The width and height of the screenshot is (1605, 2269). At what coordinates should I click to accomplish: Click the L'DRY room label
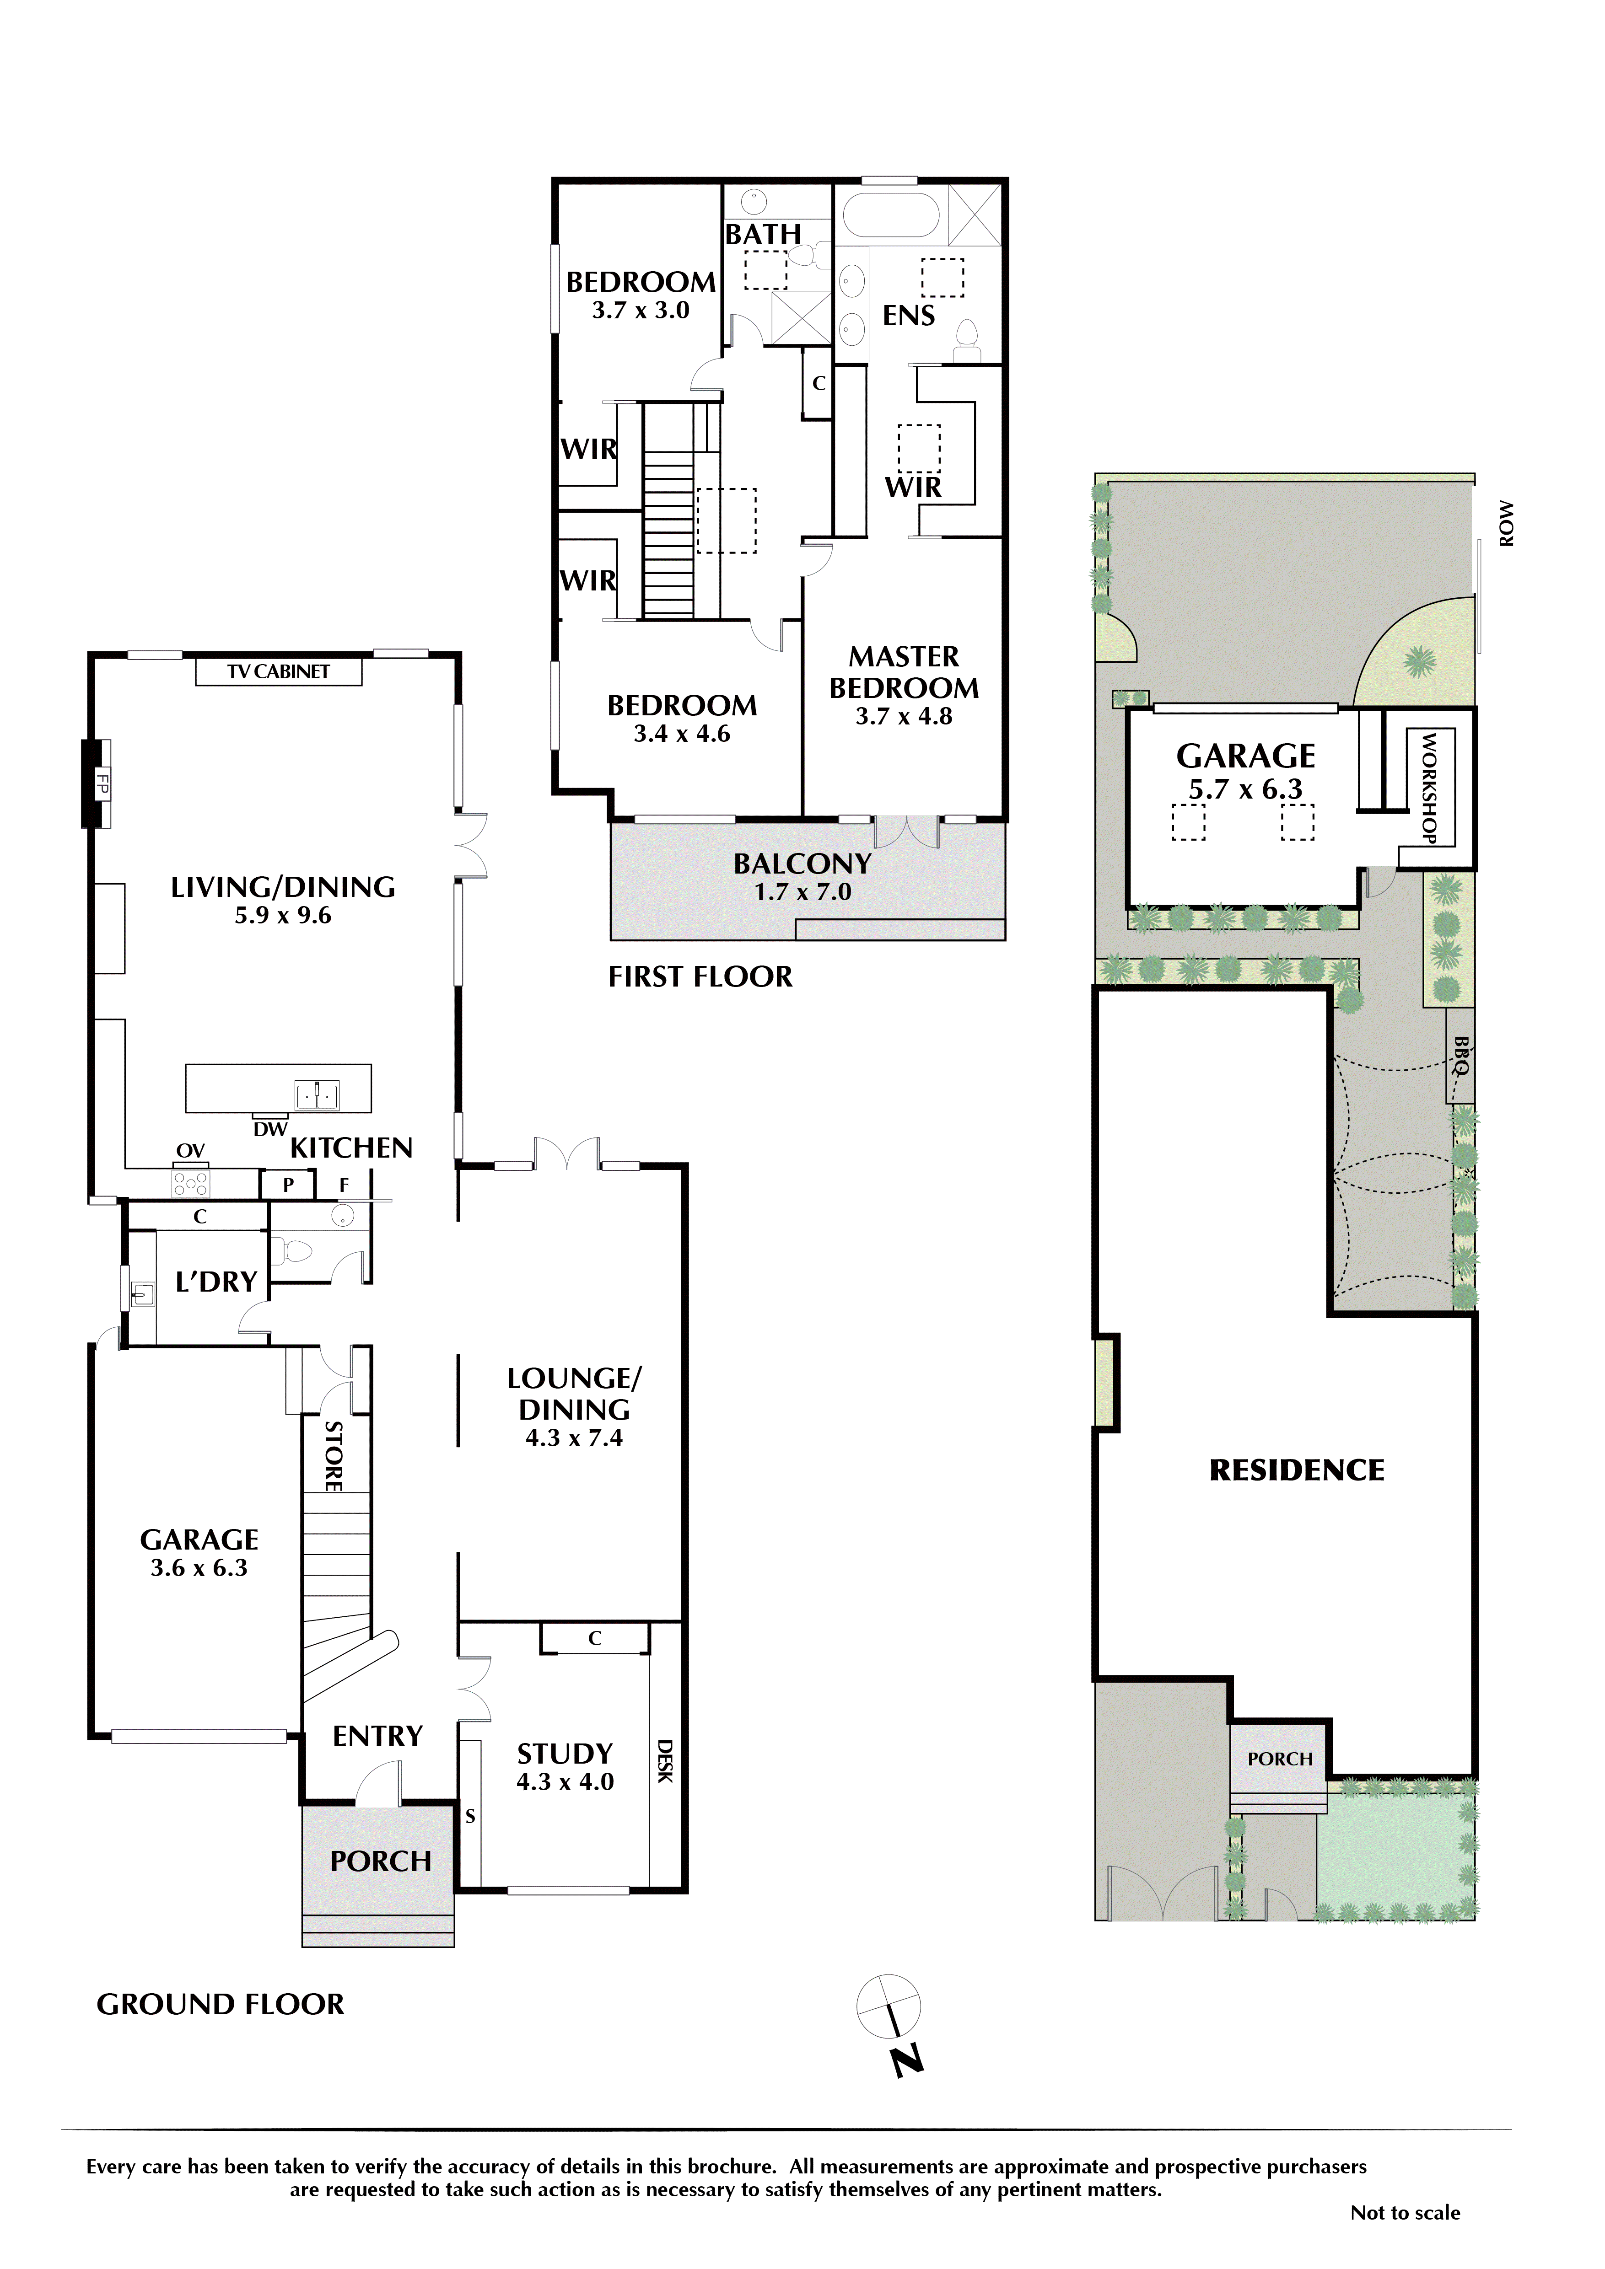click(215, 1282)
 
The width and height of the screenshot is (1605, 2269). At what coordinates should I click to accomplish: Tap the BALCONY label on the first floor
click(802, 864)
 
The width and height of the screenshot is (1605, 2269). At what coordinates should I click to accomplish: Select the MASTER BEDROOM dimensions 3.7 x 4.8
click(903, 717)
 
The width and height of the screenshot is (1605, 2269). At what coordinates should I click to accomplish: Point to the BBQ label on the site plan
click(1461, 1054)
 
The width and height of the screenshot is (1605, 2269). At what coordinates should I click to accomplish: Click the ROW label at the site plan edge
click(1505, 524)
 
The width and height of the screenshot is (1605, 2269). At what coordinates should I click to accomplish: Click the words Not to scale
click(1405, 2214)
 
